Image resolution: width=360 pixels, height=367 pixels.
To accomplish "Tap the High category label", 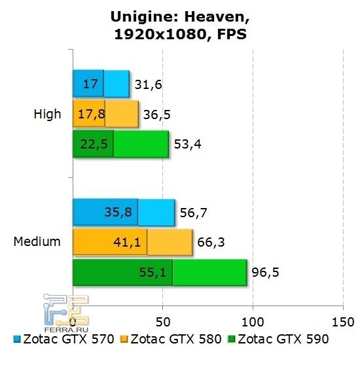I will pyautogui.click(x=47, y=114).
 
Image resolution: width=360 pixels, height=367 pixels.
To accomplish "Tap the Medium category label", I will pyautogui.click(x=37, y=241).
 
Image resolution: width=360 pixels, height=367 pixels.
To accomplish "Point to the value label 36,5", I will pyautogui.click(x=156, y=114).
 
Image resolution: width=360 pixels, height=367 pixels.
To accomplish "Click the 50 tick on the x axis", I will pyautogui.click(x=163, y=322).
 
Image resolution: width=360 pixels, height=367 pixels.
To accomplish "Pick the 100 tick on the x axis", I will pyautogui.click(x=253, y=322).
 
